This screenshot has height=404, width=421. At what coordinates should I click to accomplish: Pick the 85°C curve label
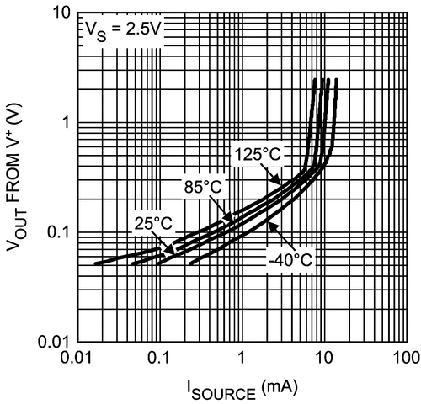204,186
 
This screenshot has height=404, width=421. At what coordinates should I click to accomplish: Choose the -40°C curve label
290,258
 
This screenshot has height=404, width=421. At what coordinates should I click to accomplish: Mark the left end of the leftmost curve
95,263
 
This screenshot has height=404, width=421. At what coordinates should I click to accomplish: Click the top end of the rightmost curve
336,80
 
